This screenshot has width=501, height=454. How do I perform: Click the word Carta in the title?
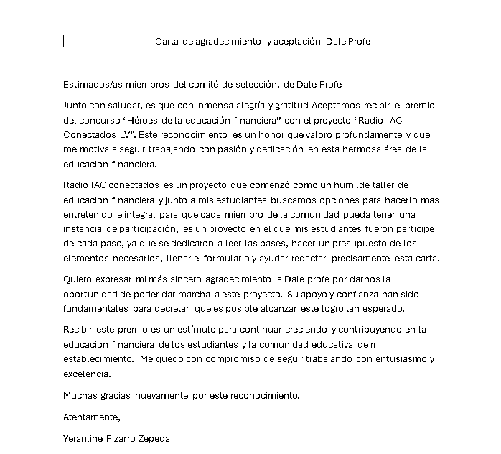[168, 42]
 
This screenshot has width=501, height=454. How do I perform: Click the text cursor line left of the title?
[64, 42]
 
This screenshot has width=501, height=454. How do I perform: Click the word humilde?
[356, 185]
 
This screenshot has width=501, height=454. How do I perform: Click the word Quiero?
[79, 279]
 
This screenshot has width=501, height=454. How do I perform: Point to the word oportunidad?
[93, 294]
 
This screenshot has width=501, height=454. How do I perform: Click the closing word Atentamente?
[92, 417]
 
